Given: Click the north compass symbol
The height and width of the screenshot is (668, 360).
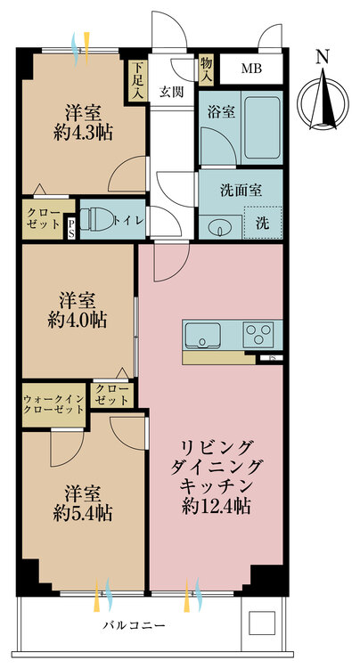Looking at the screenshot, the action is point(323,102).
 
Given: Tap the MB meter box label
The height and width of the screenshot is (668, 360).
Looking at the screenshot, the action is point(251,69).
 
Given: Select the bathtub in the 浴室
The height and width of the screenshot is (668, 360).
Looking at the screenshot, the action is point(262,127).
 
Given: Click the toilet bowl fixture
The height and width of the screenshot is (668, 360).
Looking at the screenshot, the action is point(97,220).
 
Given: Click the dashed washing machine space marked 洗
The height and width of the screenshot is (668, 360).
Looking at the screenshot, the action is point(263,223).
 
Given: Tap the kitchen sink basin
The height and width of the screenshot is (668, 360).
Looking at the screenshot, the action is point(202,335).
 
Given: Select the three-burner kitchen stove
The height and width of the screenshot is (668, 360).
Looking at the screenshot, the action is point(258,334).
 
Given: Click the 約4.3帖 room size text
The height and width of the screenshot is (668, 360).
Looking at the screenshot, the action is point(83,134).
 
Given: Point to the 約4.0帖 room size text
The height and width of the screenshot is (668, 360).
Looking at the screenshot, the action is point(78,321).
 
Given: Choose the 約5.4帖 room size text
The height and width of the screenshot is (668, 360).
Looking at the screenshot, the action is point(83,513).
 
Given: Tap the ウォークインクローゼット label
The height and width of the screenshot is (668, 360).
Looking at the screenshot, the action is point(53,404).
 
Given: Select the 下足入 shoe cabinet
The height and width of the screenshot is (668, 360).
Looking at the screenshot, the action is point(136,81).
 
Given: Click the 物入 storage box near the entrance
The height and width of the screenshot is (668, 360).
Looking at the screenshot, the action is point(206,69).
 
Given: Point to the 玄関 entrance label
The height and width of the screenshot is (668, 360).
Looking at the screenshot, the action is point(172,92).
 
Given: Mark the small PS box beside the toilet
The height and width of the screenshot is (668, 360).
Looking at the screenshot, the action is point(70,229).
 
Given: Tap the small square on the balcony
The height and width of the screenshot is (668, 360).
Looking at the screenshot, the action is point(262,623).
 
